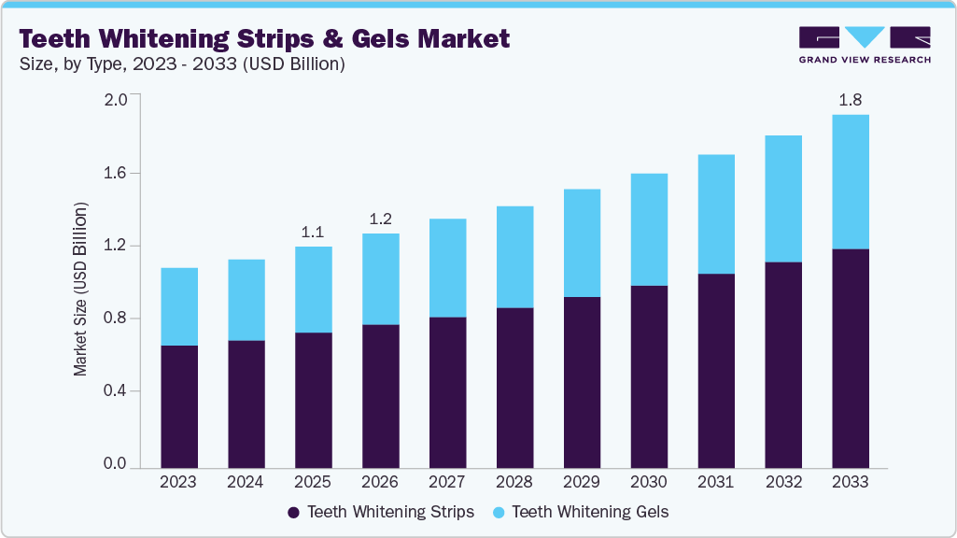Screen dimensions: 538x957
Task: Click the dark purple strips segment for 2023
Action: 179,406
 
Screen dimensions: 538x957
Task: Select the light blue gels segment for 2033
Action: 850,182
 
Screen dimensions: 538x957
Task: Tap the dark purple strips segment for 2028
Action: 514,388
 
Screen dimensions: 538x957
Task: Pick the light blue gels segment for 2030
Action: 649,230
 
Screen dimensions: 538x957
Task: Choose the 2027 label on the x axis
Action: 447,483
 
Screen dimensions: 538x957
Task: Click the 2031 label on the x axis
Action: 715,483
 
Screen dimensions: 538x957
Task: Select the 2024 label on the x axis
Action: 246,483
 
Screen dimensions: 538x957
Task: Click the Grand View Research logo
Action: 865,44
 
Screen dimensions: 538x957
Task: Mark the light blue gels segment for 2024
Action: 246,300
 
